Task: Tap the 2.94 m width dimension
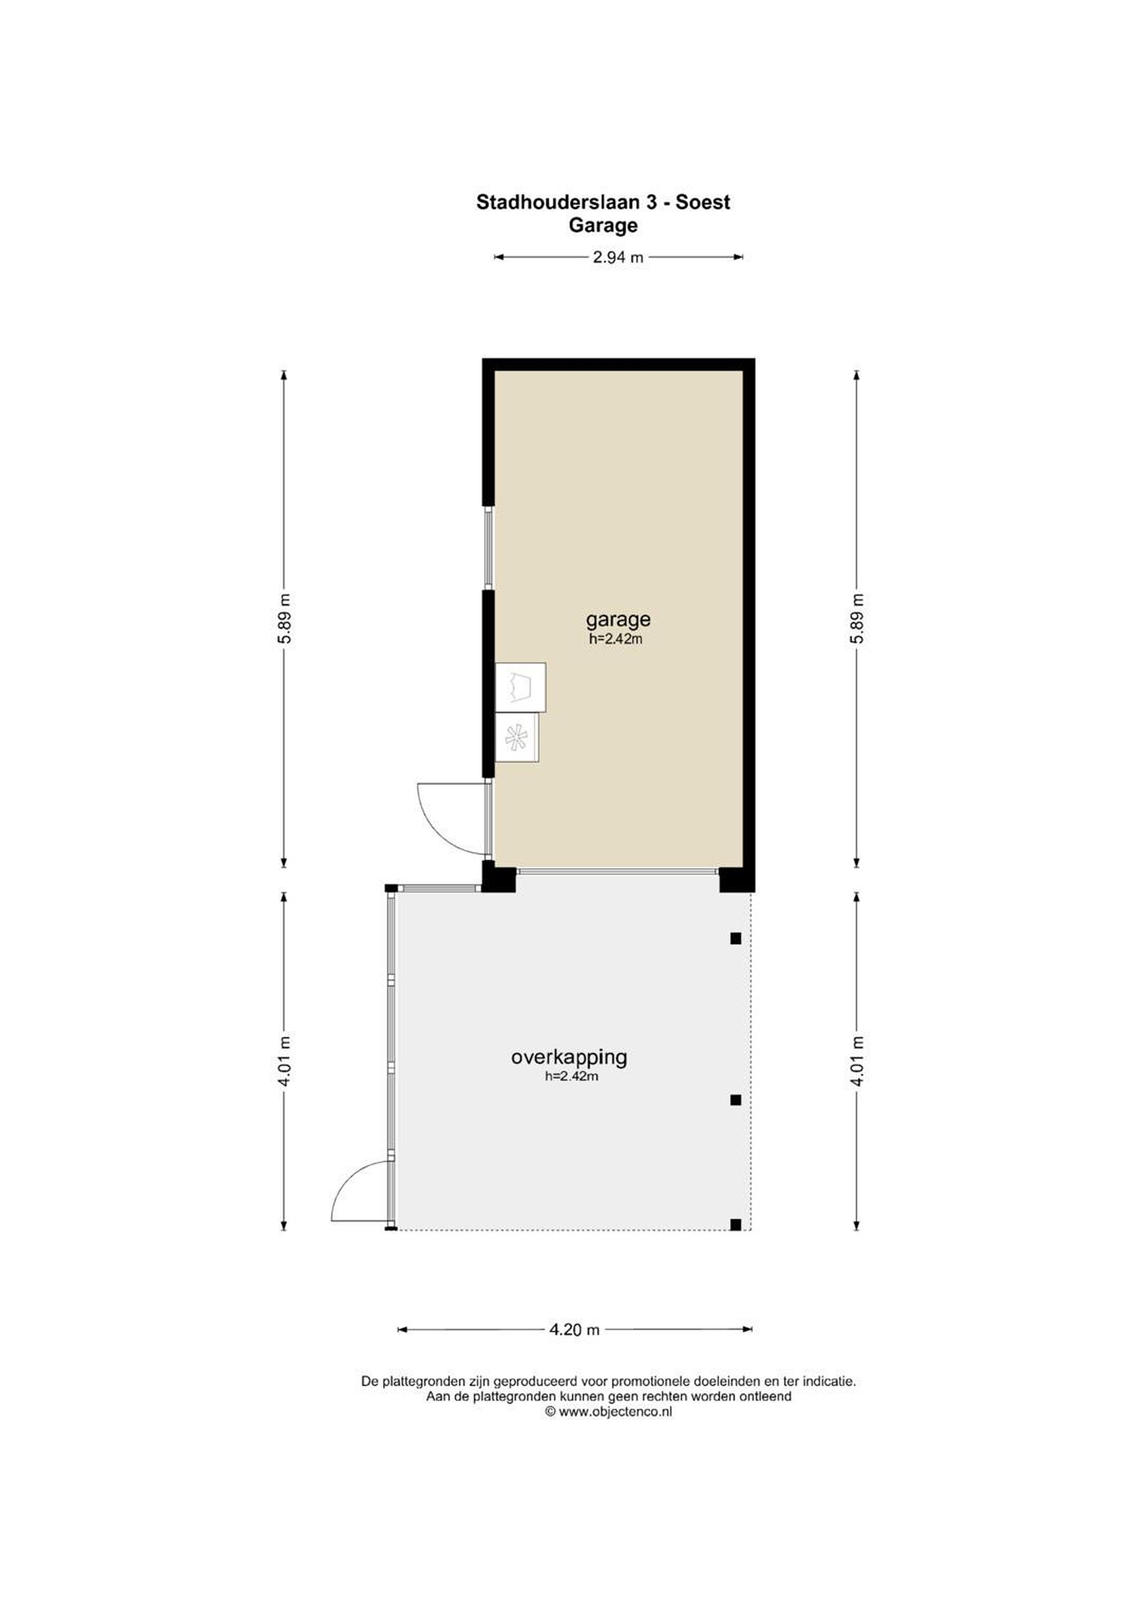pos(618,257)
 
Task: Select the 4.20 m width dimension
pos(574,1329)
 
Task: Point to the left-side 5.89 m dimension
pos(284,618)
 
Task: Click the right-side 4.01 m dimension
pos(856,1061)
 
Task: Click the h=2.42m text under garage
pos(615,639)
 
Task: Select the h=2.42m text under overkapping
pos(571,1076)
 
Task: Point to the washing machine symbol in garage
pos(521,687)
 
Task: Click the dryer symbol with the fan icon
pos(517,738)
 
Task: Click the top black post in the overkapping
pos(735,938)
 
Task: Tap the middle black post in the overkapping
pos(735,1100)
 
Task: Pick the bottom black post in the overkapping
pos(735,1224)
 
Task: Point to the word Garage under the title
pos(604,226)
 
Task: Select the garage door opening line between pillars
pos(618,871)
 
